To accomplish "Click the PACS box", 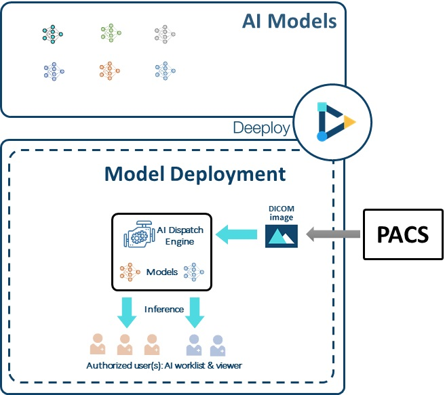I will pos(403,234).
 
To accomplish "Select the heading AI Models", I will pos(289,21).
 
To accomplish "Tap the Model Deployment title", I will pos(195,173).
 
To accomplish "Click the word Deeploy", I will pos(261,127).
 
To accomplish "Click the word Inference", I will pos(163,309).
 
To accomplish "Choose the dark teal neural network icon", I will pos(52,34).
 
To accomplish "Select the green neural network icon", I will pos(109,34).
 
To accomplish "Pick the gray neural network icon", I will pos(165,34).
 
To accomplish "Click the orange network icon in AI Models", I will pos(109,70).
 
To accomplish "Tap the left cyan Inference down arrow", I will pos(125,308).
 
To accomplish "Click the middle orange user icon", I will pos(125,344).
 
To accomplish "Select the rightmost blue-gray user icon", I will pos(218,346).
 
